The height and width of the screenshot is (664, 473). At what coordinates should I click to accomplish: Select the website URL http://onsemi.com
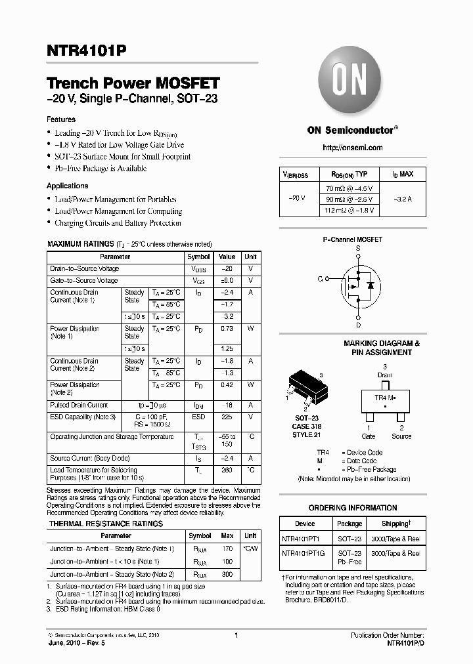point(353,148)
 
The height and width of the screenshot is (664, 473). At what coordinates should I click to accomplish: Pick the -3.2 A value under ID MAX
point(403,198)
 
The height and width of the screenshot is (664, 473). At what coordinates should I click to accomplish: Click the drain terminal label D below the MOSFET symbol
point(358,324)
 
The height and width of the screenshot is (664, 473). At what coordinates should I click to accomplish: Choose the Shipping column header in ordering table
point(396,524)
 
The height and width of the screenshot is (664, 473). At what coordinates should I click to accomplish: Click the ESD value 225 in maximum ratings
point(227,416)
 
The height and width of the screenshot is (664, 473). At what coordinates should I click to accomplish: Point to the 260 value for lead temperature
point(227,470)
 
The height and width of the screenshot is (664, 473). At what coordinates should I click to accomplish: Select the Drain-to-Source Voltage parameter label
point(85,269)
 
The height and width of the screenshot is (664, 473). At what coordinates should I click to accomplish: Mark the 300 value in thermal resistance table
point(228,574)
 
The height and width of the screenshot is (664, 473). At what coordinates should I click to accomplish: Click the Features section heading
point(61,119)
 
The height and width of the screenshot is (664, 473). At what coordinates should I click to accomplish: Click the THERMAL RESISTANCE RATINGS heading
point(106,524)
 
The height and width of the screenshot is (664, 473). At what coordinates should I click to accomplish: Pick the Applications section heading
point(67,186)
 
